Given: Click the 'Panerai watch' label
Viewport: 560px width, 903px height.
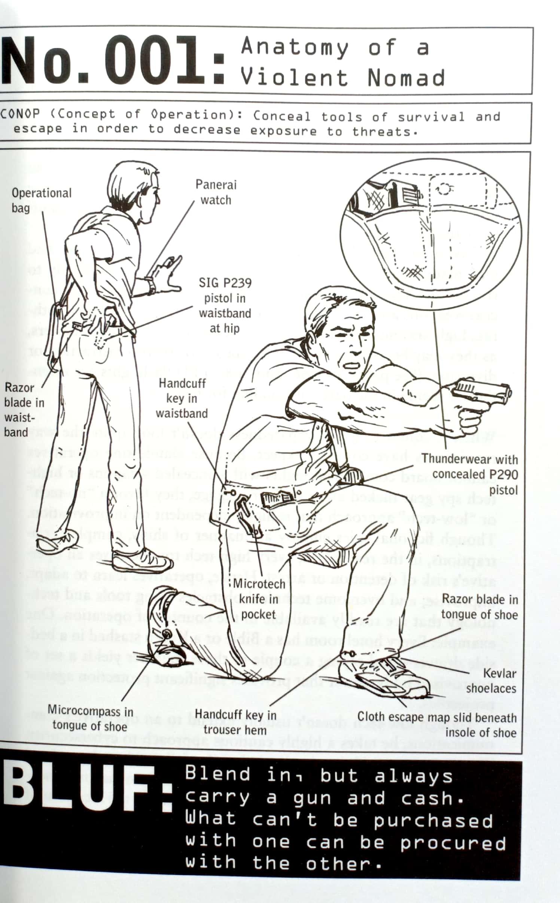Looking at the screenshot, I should point(216,192).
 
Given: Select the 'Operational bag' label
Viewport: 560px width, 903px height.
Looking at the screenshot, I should point(41,200).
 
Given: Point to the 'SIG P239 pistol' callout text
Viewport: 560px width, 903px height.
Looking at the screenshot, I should point(225,305).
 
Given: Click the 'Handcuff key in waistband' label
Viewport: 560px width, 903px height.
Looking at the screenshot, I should point(182,398).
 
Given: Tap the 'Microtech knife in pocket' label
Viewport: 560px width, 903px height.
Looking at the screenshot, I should point(259,599).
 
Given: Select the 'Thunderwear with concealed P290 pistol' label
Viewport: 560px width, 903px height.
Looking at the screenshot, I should point(470,474).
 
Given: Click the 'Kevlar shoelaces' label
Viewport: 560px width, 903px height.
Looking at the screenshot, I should point(491,680).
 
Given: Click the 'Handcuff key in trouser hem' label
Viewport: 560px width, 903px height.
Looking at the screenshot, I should point(235,722).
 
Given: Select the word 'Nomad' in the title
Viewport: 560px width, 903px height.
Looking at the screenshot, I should point(407,78).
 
